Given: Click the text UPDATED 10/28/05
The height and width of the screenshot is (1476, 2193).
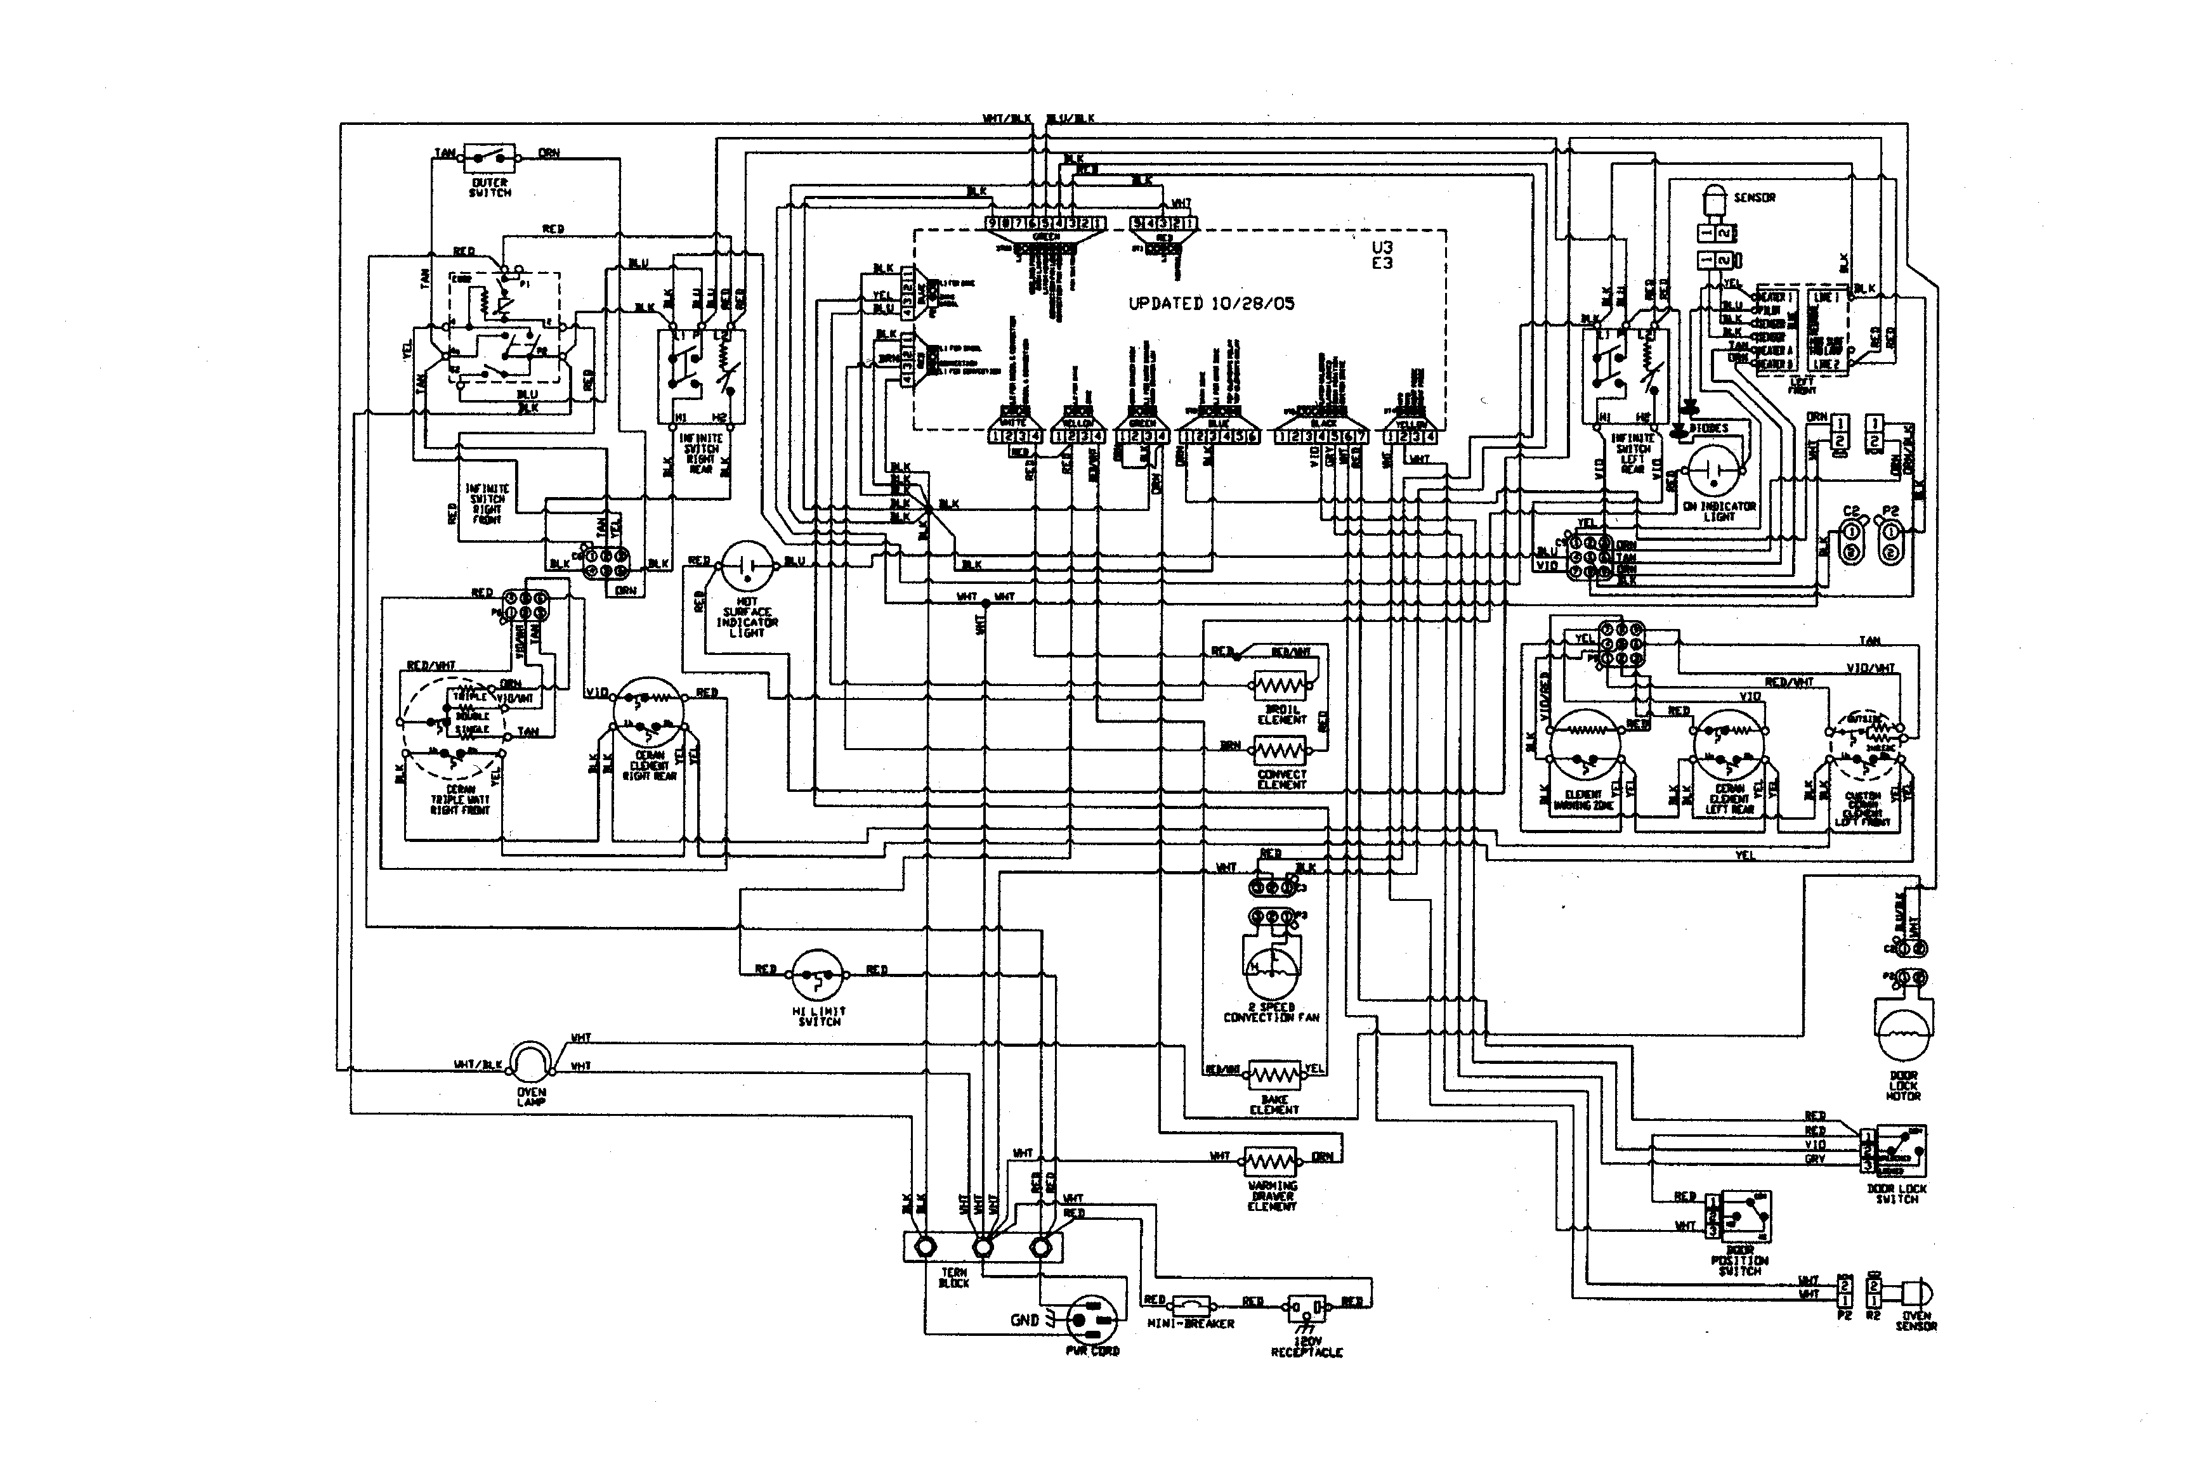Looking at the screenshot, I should point(1211,304).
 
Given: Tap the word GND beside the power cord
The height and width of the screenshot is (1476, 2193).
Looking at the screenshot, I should point(1024,1320).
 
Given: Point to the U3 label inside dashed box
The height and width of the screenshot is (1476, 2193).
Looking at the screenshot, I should point(1382,247).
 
